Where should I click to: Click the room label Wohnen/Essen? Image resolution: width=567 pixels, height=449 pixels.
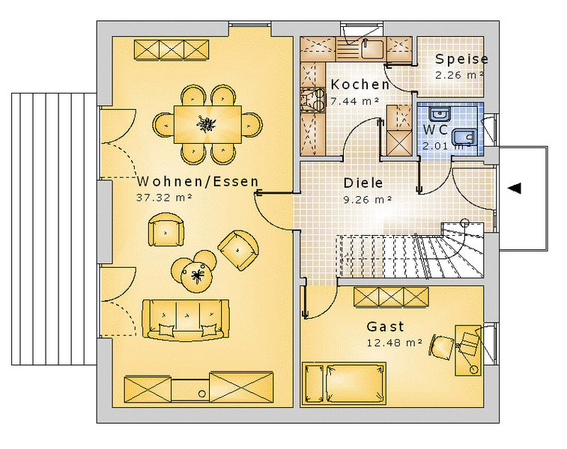[x=198, y=181]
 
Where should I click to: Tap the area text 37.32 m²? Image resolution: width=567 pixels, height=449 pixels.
[x=164, y=198]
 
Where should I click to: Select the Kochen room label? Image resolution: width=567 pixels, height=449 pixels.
[x=360, y=85]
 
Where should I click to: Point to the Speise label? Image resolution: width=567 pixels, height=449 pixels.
[x=462, y=59]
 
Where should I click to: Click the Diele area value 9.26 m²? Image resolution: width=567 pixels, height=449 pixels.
[x=368, y=199]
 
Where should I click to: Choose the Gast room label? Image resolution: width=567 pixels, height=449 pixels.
[x=386, y=326]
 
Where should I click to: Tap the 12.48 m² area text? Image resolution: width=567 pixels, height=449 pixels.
[x=395, y=342]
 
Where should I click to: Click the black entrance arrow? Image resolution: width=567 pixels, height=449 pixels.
[x=514, y=188]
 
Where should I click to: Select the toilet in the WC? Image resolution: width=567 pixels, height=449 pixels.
[x=464, y=137]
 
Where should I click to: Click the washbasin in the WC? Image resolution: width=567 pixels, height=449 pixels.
[x=440, y=114]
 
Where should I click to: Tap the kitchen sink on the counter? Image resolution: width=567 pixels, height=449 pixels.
[x=372, y=49]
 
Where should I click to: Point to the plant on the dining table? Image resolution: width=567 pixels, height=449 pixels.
[x=207, y=124]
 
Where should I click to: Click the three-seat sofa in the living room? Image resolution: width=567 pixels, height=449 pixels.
[x=186, y=320]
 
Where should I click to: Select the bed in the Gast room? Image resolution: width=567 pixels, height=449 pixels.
[x=344, y=383]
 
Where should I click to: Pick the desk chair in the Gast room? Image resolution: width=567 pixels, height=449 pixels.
[x=442, y=347]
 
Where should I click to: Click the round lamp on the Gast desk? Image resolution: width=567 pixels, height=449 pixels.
[x=473, y=369]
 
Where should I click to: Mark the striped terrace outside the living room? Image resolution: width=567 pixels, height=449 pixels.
[x=54, y=229]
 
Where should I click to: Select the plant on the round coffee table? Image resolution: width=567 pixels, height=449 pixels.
[x=197, y=275]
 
